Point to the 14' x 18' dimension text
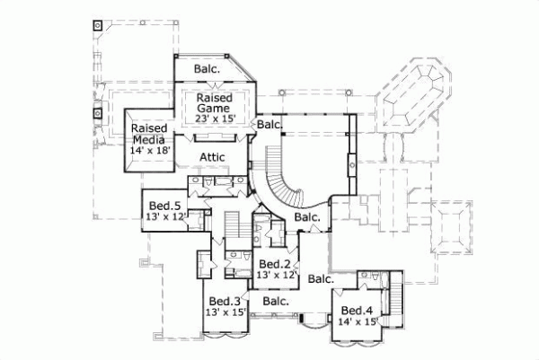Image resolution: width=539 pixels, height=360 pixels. tap(150, 151)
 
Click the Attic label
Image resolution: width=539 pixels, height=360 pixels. tap(211, 156)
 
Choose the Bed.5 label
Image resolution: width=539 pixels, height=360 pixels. tap(164, 205)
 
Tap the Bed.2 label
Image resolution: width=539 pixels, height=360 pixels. tap(275, 264)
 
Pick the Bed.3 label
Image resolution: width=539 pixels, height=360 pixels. tap(225, 301)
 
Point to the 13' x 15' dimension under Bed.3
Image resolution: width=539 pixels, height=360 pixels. tap(225, 312)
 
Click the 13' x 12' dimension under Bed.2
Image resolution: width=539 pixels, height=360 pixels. tap(276, 276)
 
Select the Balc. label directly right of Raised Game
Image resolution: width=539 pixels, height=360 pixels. tap(269, 124)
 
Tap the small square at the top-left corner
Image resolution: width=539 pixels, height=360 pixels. tap(95, 24)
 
